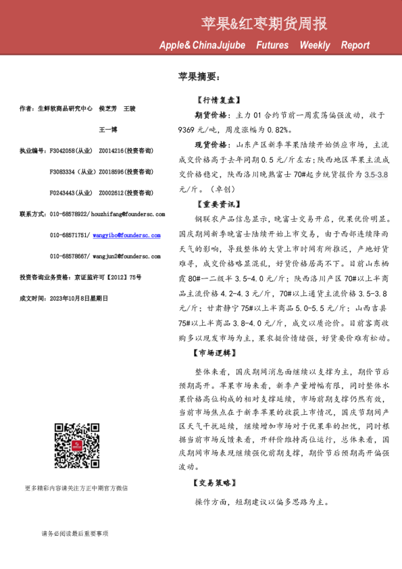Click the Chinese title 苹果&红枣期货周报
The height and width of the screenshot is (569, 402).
(x=264, y=24)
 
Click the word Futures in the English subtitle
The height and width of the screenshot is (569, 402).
(x=272, y=45)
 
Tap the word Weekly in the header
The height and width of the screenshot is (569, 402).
(x=315, y=45)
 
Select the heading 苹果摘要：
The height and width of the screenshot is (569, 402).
(x=199, y=77)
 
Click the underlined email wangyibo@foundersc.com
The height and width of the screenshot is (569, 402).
(x=127, y=235)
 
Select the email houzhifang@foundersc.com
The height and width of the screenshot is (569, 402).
(x=128, y=214)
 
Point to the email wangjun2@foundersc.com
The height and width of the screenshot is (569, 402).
(x=126, y=256)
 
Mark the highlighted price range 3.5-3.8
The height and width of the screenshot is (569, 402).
(x=376, y=174)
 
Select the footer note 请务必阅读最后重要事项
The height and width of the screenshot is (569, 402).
(x=74, y=534)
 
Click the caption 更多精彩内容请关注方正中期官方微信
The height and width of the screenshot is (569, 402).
(x=76, y=488)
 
